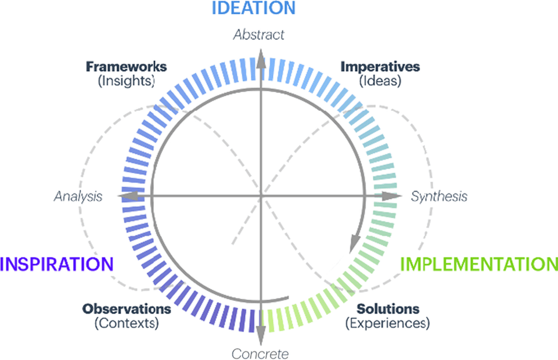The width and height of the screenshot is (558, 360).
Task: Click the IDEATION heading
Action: (254, 8)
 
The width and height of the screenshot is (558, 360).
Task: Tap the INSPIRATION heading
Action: (57, 264)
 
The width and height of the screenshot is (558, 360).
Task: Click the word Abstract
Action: (259, 35)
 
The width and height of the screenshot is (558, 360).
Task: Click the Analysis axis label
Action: (78, 196)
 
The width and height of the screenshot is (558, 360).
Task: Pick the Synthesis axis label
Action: (439, 196)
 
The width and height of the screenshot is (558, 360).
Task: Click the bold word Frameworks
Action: (126, 67)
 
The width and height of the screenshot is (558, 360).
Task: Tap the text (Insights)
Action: (127, 81)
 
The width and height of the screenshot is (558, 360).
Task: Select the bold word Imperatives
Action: (380, 67)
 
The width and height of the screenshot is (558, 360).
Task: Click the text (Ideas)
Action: (380, 81)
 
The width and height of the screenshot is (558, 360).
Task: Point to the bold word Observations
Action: (127, 308)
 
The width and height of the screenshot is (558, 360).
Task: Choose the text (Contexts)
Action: (127, 323)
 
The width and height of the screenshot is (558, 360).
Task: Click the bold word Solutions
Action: (388, 308)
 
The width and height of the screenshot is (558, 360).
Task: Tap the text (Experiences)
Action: (388, 323)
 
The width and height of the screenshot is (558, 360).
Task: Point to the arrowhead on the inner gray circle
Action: (354, 244)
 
